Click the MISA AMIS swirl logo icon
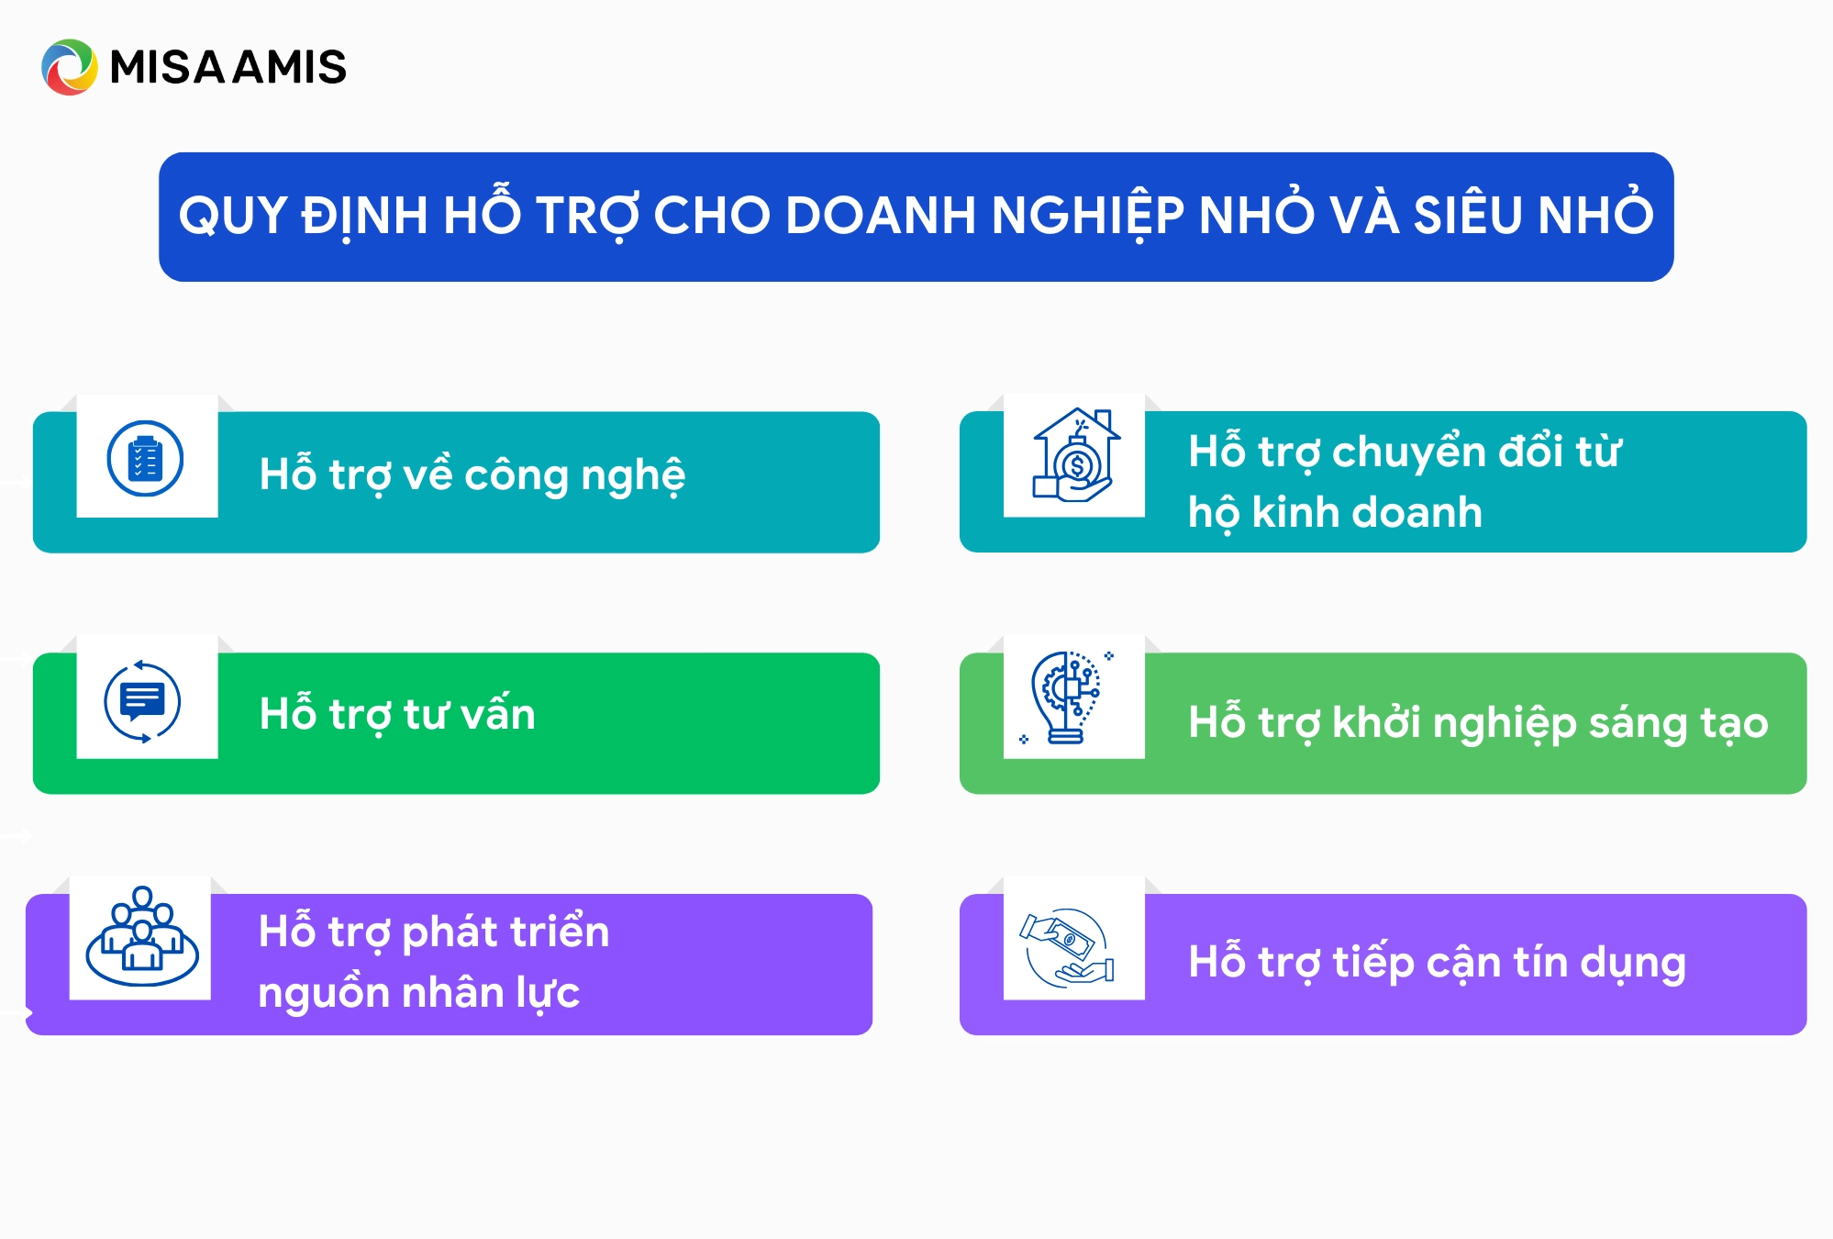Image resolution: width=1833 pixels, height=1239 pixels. [x=69, y=67]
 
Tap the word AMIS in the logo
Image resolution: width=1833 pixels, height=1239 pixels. [x=290, y=67]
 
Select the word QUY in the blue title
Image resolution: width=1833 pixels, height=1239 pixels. [x=233, y=217]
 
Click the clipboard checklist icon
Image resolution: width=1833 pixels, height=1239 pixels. [x=145, y=458]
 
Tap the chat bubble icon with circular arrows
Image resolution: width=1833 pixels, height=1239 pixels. [x=142, y=701]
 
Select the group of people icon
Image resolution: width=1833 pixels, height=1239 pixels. [x=142, y=936]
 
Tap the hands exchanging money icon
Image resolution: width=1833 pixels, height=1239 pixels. [x=1067, y=947]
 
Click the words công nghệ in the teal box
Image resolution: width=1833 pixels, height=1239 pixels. [x=575, y=476]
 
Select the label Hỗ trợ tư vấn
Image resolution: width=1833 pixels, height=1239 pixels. [x=397, y=714]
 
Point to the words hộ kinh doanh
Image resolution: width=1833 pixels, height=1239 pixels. [x=1335, y=513]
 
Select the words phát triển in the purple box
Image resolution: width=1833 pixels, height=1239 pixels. [x=505, y=932]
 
